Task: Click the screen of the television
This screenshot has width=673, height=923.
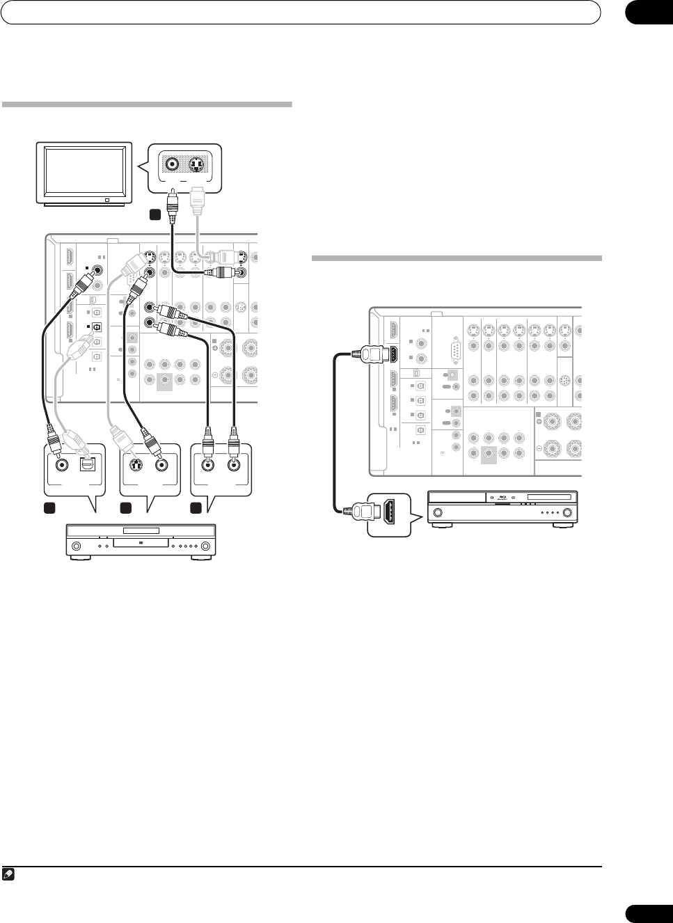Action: click(x=84, y=171)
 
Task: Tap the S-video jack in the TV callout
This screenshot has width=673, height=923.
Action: click(x=199, y=165)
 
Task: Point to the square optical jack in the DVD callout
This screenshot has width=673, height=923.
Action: click(x=88, y=464)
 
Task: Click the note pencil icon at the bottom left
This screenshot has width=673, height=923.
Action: click(x=8, y=874)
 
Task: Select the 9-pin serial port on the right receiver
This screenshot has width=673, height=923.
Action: click(x=456, y=352)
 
